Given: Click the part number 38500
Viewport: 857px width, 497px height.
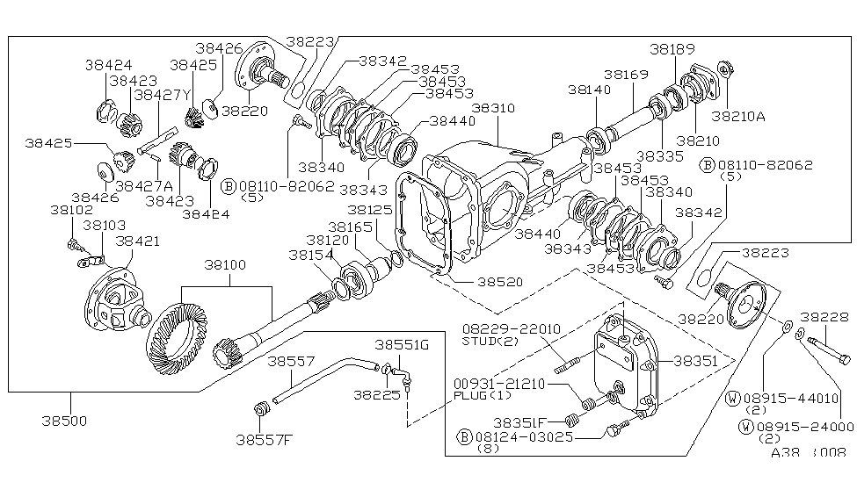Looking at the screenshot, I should (63, 421).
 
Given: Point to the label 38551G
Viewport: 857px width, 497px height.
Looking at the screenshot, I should (402, 344).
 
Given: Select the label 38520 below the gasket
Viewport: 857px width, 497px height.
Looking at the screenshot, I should (502, 283).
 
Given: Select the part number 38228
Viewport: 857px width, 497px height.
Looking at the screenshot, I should (824, 317).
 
